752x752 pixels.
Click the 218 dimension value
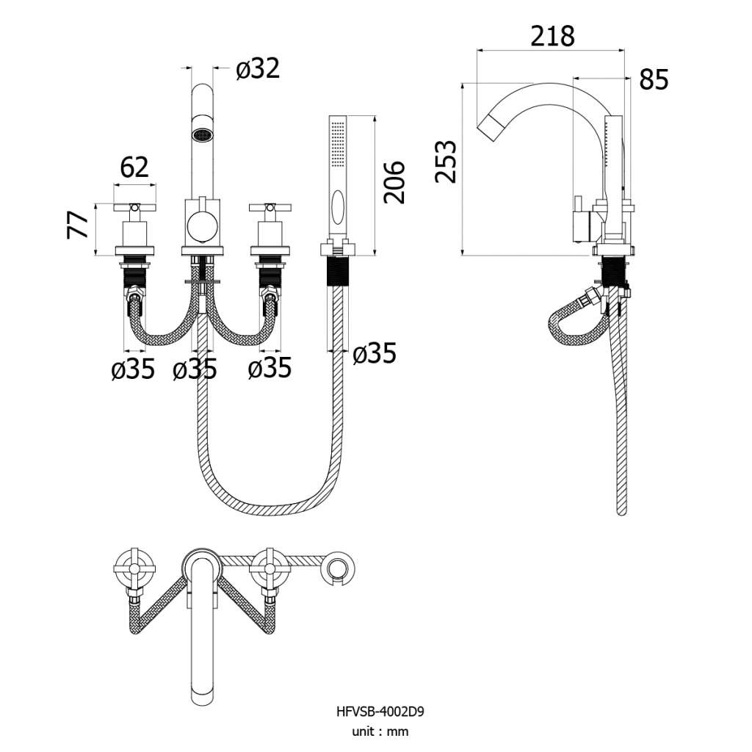coord(552,36)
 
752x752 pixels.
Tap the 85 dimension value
coord(654,79)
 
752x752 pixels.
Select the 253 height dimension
coord(446,162)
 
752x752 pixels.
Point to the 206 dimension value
coord(394,182)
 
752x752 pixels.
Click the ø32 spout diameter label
coord(258,68)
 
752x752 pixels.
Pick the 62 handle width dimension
coord(134,167)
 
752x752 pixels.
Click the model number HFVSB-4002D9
coord(380,711)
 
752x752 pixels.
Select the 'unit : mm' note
coord(380,731)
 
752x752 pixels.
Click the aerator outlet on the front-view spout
coord(202,135)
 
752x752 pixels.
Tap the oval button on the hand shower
coord(338,206)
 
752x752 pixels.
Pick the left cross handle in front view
coord(135,208)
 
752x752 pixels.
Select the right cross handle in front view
coord(270,208)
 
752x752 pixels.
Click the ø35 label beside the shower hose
coord(374,353)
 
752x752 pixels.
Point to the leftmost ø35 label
coord(133,369)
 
